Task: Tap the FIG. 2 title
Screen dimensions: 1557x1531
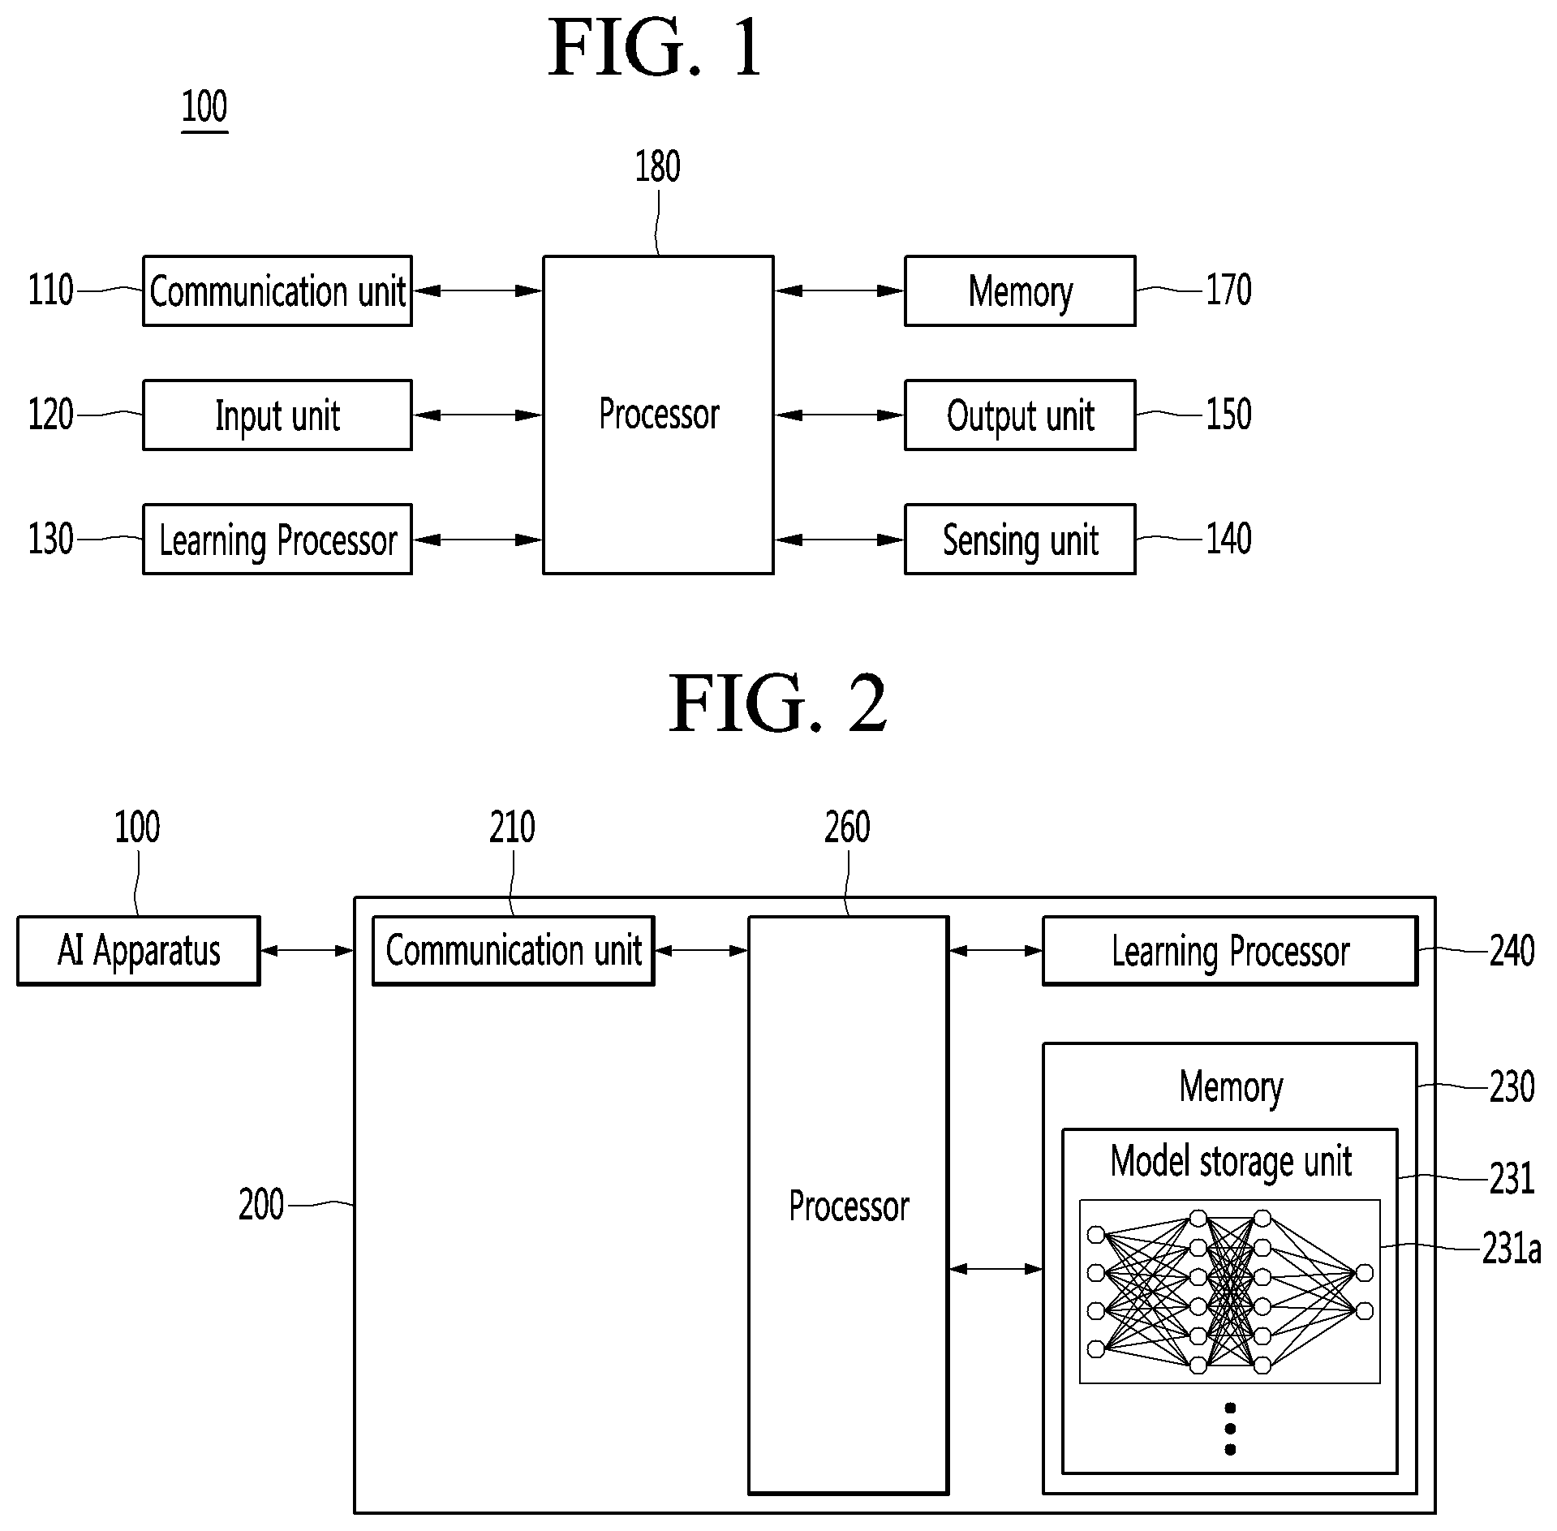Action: (777, 703)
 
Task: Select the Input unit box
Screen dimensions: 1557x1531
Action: (277, 415)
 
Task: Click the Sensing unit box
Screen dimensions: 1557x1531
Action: (1020, 540)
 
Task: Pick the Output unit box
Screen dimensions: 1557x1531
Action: (1020, 415)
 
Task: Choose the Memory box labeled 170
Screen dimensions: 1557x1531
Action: (1020, 291)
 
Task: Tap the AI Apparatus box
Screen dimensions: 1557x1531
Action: (139, 951)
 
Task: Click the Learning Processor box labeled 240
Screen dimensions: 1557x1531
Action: (1230, 951)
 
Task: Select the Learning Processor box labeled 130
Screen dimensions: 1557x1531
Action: (277, 540)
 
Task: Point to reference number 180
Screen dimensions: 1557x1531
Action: (657, 167)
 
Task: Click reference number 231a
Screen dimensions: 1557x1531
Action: (1511, 1249)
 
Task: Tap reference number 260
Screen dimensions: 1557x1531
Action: (847, 828)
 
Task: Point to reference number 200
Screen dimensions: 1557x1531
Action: (261, 1205)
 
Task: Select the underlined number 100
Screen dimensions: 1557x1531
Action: (204, 108)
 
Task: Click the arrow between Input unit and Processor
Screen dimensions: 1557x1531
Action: (478, 415)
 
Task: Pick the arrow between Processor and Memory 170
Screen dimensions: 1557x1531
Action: (840, 290)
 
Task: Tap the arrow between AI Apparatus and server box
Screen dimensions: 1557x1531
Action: (308, 951)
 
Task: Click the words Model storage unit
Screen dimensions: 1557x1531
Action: (1231, 1162)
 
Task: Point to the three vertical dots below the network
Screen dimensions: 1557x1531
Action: (1230, 1429)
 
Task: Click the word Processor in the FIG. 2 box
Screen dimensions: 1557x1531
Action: (849, 1206)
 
